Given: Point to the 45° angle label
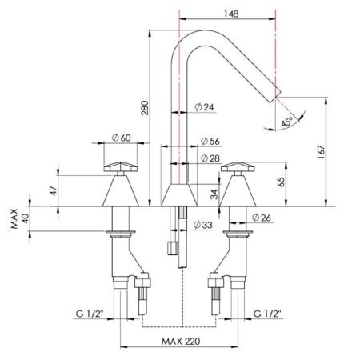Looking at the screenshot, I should [x=286, y=122].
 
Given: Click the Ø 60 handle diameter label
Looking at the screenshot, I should [x=121, y=138].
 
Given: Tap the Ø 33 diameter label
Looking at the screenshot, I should [x=205, y=226].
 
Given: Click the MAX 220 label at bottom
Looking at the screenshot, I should [x=180, y=340].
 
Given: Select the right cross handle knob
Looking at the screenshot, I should [x=238, y=167].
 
